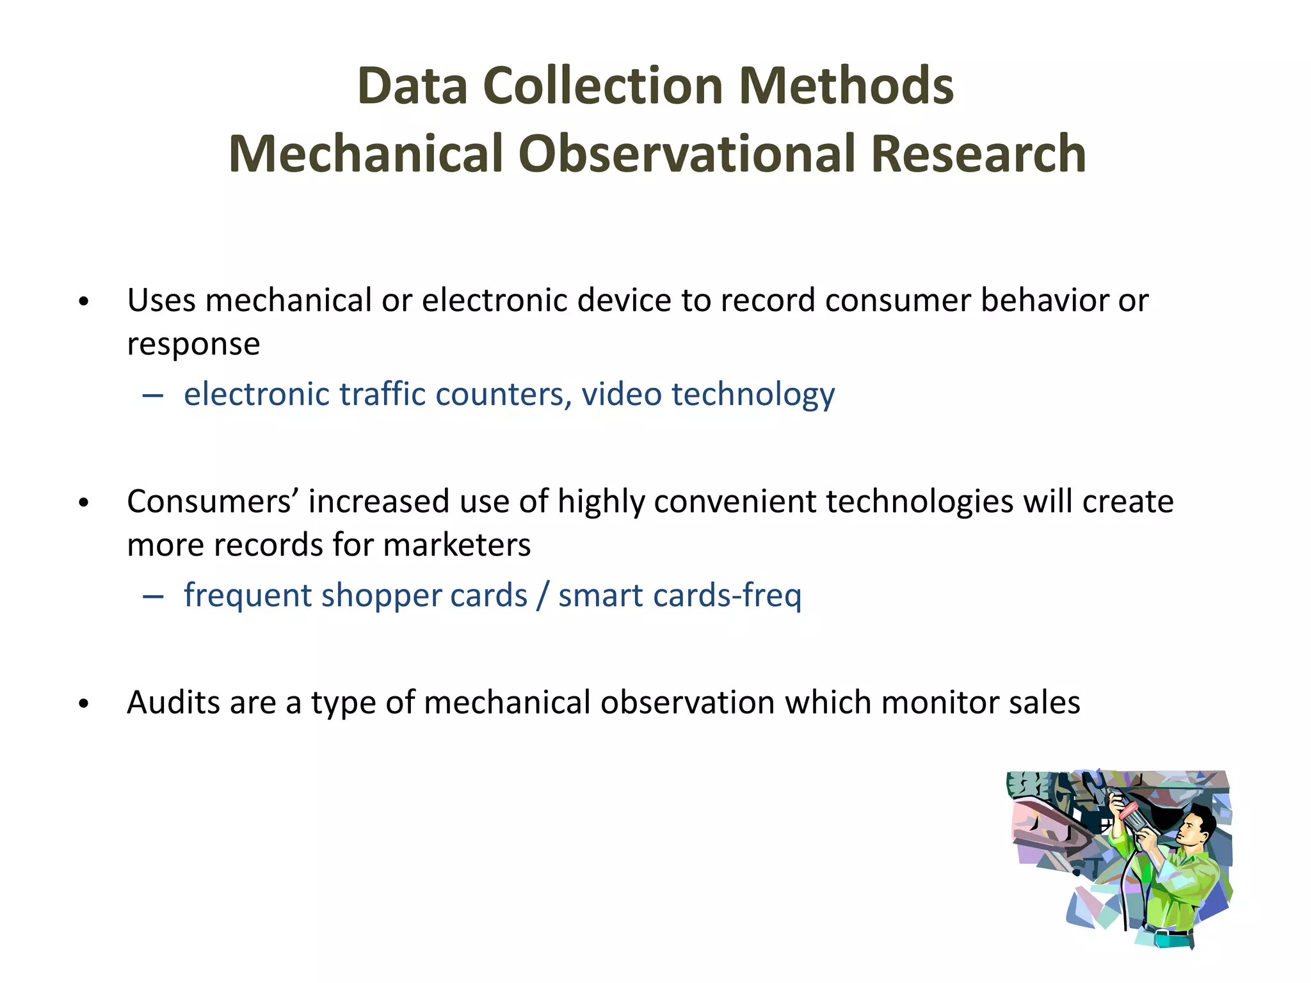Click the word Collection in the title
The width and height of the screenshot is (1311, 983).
pos(602,86)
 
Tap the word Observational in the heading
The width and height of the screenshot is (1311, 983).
pos(687,154)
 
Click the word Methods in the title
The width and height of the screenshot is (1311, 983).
pos(846,86)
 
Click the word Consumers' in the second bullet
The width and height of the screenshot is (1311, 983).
pos(212,502)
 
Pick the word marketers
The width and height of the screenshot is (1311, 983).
pos(456,546)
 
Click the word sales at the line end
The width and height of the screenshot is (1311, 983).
pos(1044,703)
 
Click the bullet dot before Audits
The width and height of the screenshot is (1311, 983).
pos(83,704)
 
